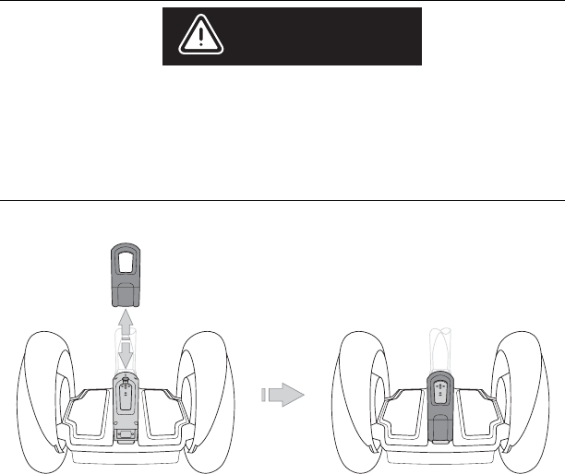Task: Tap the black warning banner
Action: click(x=292, y=37)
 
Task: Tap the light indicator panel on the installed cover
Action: click(x=441, y=390)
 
